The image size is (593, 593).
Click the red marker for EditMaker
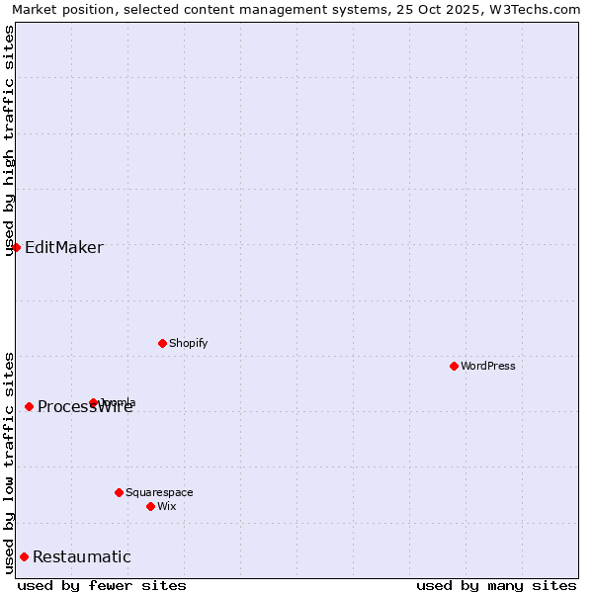point(16,247)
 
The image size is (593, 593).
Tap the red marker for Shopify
point(162,343)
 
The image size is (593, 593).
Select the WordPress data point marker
point(454,366)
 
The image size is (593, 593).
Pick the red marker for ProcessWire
point(29,406)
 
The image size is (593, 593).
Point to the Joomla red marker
point(93,402)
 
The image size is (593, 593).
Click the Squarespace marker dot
point(119,492)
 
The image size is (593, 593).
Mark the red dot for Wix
point(150,506)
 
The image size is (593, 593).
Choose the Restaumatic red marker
point(24,556)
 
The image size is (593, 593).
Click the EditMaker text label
point(64,247)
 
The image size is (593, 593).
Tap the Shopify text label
point(188,343)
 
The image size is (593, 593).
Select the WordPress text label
point(488,366)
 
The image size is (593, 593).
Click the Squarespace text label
point(159,492)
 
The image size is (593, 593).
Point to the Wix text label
point(166,506)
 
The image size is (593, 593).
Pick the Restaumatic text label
point(82,556)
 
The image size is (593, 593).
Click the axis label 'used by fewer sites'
point(102,585)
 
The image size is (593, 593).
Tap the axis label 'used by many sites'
point(496,585)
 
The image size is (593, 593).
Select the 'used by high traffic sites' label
point(9,139)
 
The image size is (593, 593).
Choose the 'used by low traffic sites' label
point(9,462)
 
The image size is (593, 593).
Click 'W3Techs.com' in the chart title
point(538,9)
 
